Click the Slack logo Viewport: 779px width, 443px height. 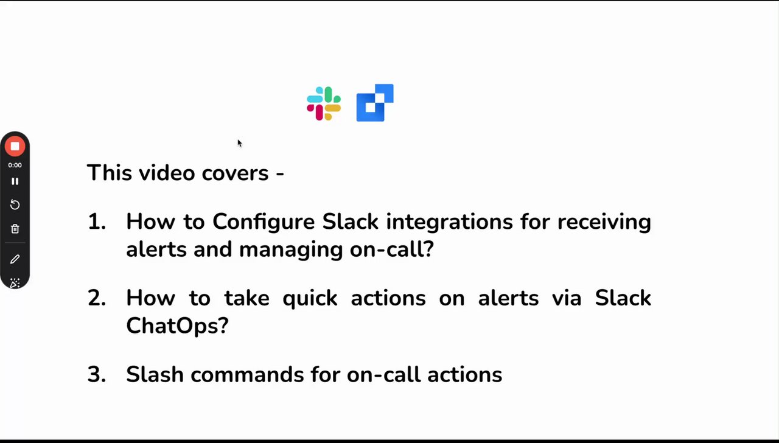(x=324, y=103)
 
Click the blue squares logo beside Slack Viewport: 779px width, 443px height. (x=375, y=103)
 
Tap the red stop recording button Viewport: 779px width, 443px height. (x=15, y=147)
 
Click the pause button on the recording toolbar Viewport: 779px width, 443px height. (x=15, y=181)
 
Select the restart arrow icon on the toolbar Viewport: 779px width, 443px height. (x=15, y=204)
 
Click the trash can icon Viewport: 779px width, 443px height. (x=15, y=229)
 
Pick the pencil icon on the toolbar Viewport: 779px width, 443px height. (x=15, y=259)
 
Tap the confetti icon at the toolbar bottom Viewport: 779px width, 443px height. (x=15, y=283)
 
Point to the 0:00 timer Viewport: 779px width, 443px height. (x=15, y=165)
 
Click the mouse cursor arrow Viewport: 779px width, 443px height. (x=240, y=143)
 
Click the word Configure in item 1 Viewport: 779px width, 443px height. (x=264, y=223)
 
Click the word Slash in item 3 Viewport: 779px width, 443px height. (x=155, y=374)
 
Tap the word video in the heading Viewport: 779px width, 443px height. (x=167, y=173)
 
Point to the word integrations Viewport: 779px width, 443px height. (x=449, y=223)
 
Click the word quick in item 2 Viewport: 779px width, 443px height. (x=310, y=299)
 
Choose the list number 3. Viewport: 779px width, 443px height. (x=97, y=374)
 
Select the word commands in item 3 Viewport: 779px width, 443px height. (x=247, y=374)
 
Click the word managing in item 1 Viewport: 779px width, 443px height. (x=291, y=250)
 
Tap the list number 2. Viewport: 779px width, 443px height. (x=97, y=298)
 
